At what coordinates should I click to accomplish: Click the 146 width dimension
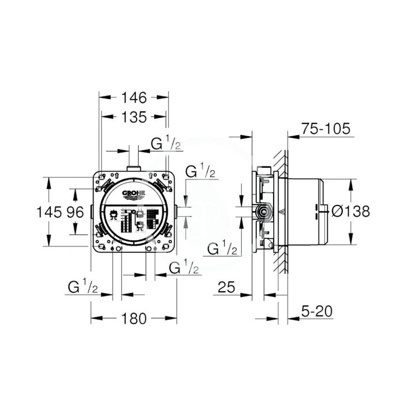(x=134, y=98)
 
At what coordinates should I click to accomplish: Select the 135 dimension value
(x=134, y=117)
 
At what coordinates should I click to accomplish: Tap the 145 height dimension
(x=49, y=212)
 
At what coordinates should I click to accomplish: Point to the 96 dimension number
(x=76, y=212)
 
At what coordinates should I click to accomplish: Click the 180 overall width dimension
(x=134, y=318)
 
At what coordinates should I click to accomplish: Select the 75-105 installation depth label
(x=326, y=129)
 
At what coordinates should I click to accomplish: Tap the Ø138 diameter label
(x=350, y=212)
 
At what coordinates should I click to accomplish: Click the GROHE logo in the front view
(x=134, y=194)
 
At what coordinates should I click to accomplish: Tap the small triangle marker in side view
(x=282, y=212)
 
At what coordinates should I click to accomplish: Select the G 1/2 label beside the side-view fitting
(x=222, y=248)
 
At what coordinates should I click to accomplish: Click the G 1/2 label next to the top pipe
(x=166, y=144)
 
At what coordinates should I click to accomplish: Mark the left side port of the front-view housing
(x=91, y=212)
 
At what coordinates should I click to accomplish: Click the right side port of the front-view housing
(x=177, y=212)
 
